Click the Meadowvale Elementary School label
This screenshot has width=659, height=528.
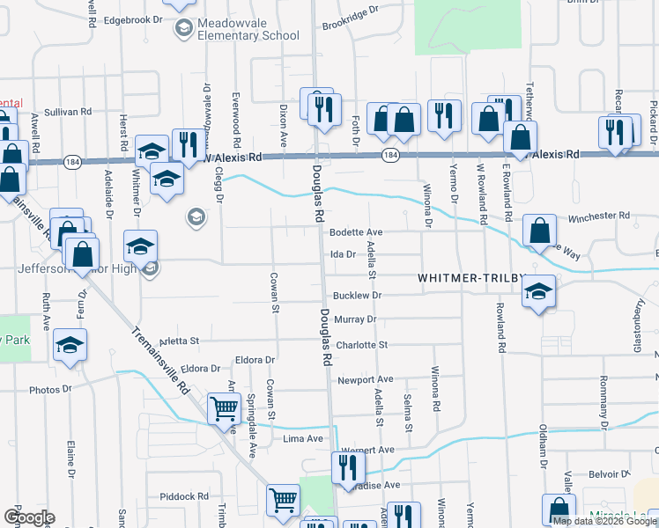[x=236, y=28]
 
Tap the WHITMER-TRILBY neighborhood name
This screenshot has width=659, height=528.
[x=470, y=276]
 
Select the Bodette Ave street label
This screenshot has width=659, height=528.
[x=355, y=231]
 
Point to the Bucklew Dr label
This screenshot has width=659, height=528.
[x=356, y=296]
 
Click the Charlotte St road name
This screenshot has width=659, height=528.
[x=361, y=345]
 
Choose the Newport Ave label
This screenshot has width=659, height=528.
[x=365, y=380]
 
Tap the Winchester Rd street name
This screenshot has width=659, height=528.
[x=599, y=215]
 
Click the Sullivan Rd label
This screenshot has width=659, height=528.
[x=69, y=112]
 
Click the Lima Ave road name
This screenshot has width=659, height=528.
[x=299, y=437]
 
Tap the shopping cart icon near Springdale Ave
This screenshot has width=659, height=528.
[x=224, y=408]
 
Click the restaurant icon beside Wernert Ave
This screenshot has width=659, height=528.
[x=348, y=467]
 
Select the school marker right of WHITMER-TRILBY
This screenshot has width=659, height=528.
[x=537, y=293]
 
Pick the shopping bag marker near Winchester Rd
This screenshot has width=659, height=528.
[x=539, y=231]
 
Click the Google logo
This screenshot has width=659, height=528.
[x=28, y=517]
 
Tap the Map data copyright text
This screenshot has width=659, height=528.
[x=604, y=521]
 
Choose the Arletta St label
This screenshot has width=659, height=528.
[x=181, y=340]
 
